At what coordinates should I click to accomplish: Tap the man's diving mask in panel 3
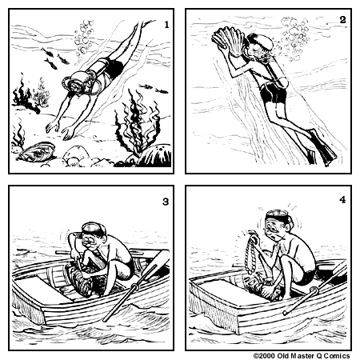(91, 230)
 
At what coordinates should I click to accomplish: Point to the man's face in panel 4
(276, 234)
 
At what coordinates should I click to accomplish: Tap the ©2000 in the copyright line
(266, 354)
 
